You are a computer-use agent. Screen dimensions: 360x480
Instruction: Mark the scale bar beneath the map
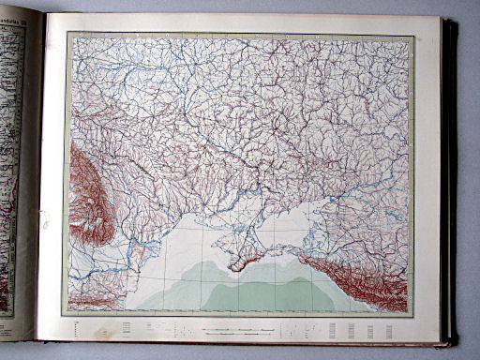(238, 331)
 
